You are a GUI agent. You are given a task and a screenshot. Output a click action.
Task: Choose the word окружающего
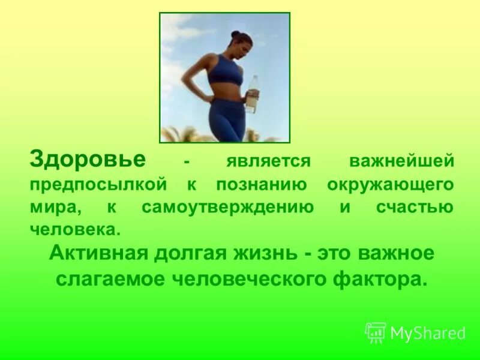[x=390, y=185]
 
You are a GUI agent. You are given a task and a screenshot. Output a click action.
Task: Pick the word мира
[x=55, y=208]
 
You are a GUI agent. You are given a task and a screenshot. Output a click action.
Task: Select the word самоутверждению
[x=228, y=208]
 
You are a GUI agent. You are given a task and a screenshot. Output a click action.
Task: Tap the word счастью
[x=415, y=208]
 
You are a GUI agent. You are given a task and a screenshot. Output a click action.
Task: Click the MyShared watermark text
[x=427, y=333]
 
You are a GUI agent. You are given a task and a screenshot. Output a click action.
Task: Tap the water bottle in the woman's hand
[x=253, y=94]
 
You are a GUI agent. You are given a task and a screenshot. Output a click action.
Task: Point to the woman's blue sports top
[x=227, y=71]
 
